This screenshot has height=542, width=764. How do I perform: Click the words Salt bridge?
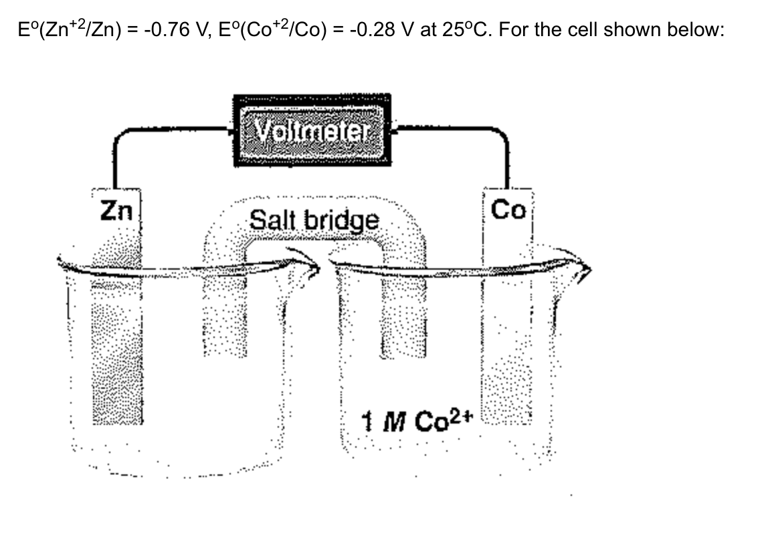(x=313, y=219)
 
